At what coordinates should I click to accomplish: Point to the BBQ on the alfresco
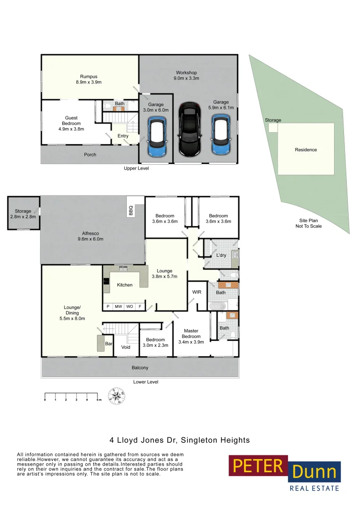[x=131, y=210]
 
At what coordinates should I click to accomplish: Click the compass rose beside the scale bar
[x=117, y=396]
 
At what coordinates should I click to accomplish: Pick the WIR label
[x=197, y=292]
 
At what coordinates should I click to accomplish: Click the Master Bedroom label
[x=191, y=337]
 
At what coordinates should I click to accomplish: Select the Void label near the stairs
[x=126, y=347]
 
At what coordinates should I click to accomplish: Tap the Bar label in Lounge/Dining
[x=108, y=344]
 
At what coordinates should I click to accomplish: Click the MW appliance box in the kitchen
[x=118, y=307]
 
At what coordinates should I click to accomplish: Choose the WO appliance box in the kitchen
[x=130, y=307]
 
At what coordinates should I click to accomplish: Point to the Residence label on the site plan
[x=306, y=150]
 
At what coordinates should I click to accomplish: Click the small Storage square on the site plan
[x=273, y=128]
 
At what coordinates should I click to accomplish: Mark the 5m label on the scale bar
[x=98, y=400]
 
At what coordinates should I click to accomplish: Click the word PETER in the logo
[x=258, y=466]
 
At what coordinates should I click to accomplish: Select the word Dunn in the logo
[x=314, y=471]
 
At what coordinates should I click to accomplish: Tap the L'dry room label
[x=221, y=255]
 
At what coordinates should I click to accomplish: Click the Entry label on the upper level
[x=123, y=136]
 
